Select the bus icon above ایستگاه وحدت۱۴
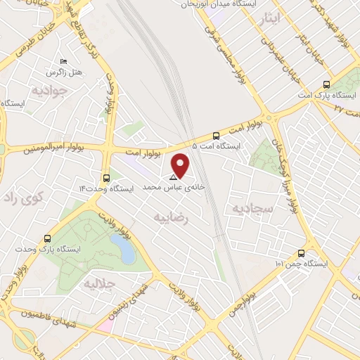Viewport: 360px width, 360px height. click(x=106, y=178)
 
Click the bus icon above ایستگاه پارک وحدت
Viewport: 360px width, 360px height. click(x=47, y=238)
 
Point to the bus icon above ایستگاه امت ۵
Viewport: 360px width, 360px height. click(x=215, y=136)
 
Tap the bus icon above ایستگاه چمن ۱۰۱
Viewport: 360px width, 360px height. click(x=301, y=253)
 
